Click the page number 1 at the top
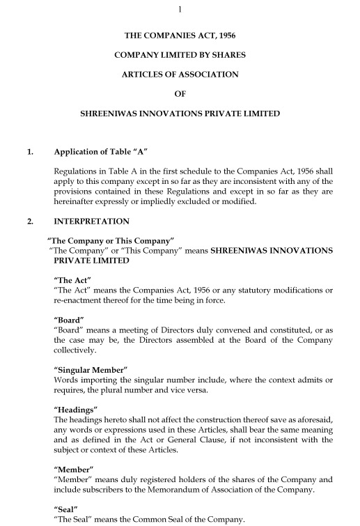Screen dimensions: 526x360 (180, 8)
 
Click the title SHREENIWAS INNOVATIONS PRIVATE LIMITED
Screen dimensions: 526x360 (180, 114)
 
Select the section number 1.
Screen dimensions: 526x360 (29, 152)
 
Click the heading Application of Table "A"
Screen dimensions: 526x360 (101, 152)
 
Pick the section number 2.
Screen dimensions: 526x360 (29, 222)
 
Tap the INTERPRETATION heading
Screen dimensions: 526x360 (91, 222)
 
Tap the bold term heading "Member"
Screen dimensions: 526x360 (72, 470)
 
